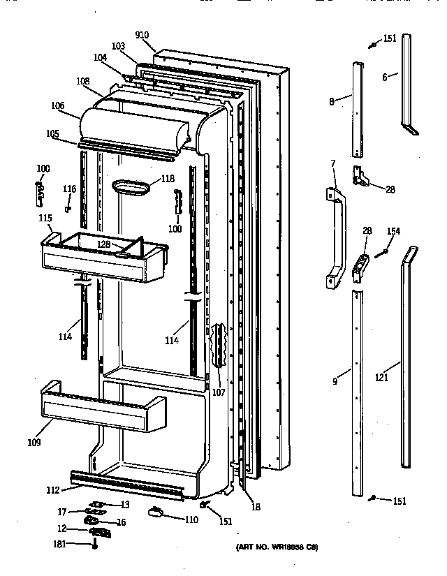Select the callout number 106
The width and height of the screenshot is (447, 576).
57,106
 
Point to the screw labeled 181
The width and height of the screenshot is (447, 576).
95,545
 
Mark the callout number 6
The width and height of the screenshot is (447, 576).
384,77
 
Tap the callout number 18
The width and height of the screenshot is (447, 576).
256,508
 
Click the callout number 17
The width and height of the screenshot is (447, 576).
62,512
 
